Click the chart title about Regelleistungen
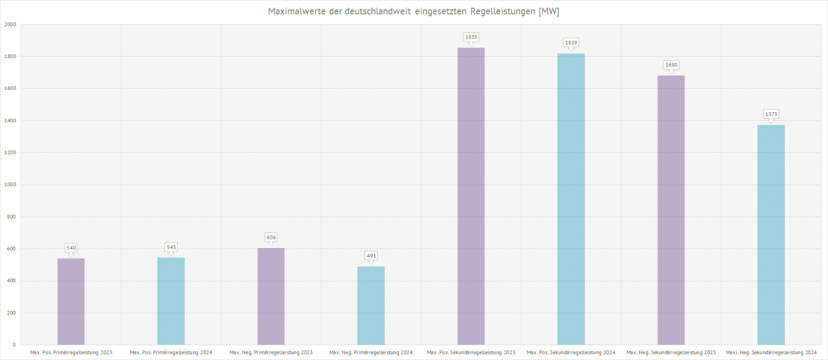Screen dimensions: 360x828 click(x=414, y=11)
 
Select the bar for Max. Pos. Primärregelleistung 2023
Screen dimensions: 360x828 click(x=71, y=302)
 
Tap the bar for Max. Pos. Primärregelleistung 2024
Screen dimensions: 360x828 click(x=171, y=301)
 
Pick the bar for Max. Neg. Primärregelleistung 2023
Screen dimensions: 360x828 click(x=271, y=297)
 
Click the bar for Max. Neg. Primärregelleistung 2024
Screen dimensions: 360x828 click(x=371, y=306)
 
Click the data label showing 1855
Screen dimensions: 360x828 click(x=471, y=37)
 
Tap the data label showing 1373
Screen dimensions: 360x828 click(x=771, y=114)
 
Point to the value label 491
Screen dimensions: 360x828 click(x=371, y=256)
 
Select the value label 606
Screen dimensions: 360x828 click(x=271, y=237)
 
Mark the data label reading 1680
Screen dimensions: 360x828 click(x=671, y=65)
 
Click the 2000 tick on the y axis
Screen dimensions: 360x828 click(x=10, y=24)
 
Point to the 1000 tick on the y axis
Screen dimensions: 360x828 click(x=10, y=184)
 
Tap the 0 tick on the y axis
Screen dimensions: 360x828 click(x=14, y=345)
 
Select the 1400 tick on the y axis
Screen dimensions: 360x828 click(x=10, y=120)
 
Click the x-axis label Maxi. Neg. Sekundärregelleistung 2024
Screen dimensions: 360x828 click(x=771, y=352)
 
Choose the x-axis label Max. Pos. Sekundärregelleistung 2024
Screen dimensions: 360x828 click(x=571, y=352)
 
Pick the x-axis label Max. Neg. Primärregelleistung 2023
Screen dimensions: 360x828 click(x=271, y=352)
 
